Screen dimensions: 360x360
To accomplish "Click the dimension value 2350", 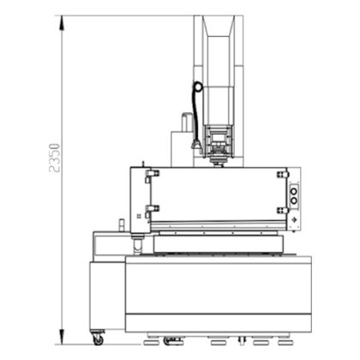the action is point(54,158).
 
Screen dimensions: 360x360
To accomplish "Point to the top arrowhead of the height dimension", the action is point(62,23).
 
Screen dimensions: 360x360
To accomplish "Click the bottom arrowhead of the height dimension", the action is point(62,337).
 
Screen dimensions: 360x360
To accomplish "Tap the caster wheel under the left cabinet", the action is point(98,339).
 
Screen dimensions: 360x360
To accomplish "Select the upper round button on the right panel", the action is point(294,191).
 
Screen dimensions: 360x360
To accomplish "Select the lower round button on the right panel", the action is point(294,201).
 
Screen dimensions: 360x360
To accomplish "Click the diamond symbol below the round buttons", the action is point(294,219).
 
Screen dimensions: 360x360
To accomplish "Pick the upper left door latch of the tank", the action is point(153,173).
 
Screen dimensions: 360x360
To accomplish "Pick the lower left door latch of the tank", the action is point(153,209).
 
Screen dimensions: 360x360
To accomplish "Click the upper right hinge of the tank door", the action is point(283,175).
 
